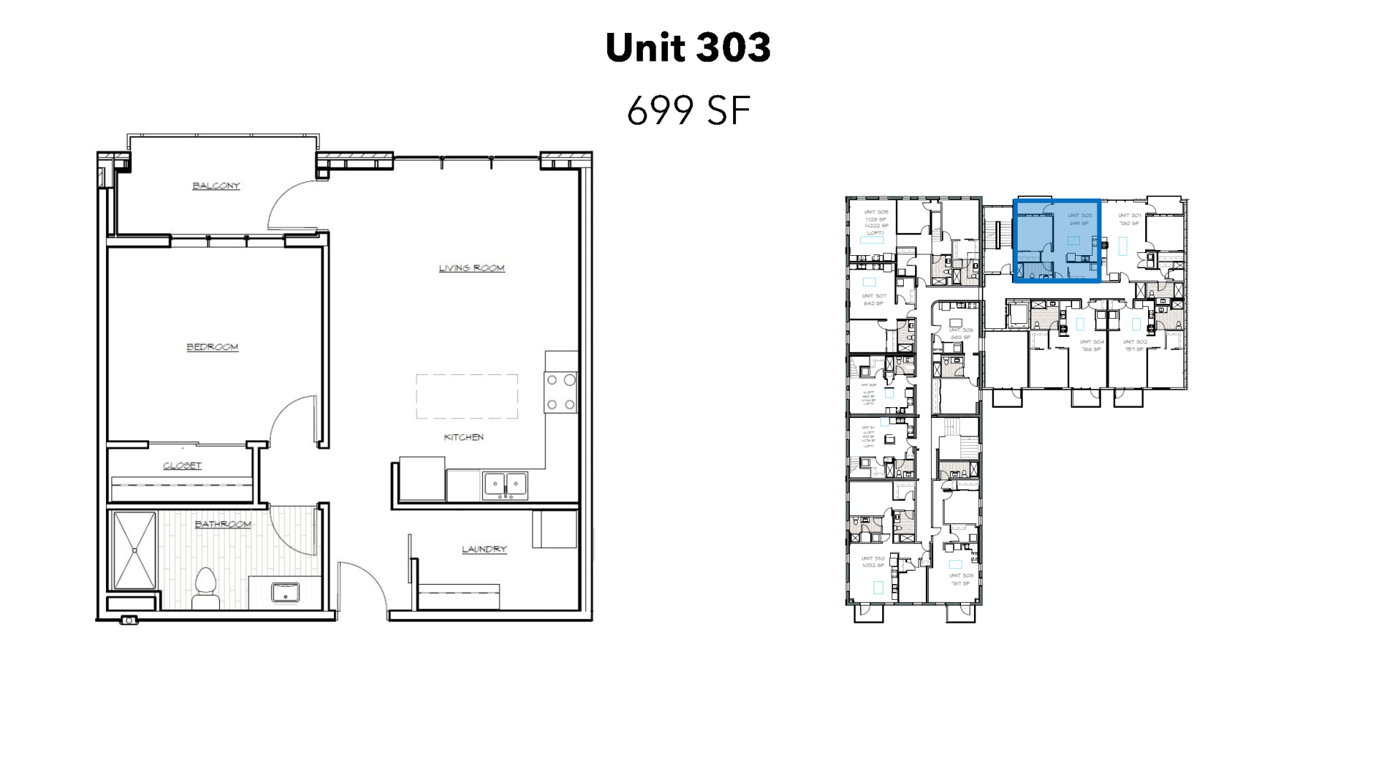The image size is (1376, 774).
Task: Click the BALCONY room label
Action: point(216,186)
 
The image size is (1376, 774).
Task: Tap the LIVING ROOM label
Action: point(472,268)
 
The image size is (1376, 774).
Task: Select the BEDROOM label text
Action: point(212,347)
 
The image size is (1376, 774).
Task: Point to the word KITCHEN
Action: point(464,437)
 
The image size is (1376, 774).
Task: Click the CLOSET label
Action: point(182,466)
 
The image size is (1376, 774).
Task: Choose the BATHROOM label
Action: point(223,525)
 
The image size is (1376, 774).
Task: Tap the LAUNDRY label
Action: point(484,549)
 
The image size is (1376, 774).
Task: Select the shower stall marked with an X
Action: point(135,550)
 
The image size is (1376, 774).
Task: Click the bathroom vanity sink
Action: point(285,593)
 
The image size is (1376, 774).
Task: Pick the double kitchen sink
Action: point(505,485)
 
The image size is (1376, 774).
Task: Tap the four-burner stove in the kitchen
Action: point(560,392)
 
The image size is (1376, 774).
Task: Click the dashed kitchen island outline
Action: point(467,396)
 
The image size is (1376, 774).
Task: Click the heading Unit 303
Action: point(688,48)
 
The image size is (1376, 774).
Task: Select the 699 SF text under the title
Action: point(688,111)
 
